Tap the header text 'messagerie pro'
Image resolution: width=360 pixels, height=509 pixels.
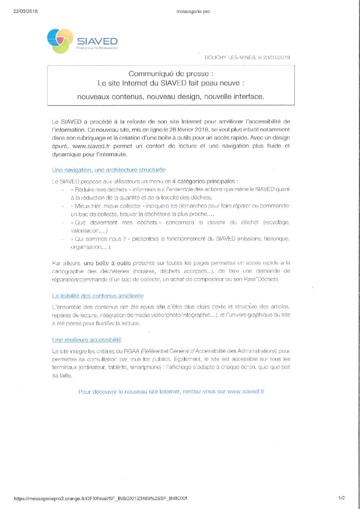193,12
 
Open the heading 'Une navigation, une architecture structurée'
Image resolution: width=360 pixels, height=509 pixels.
109,170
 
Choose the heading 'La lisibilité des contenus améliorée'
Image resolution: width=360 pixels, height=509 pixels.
98,296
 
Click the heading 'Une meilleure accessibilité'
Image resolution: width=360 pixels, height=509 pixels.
87,340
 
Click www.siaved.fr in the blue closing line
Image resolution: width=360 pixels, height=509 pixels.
246,392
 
